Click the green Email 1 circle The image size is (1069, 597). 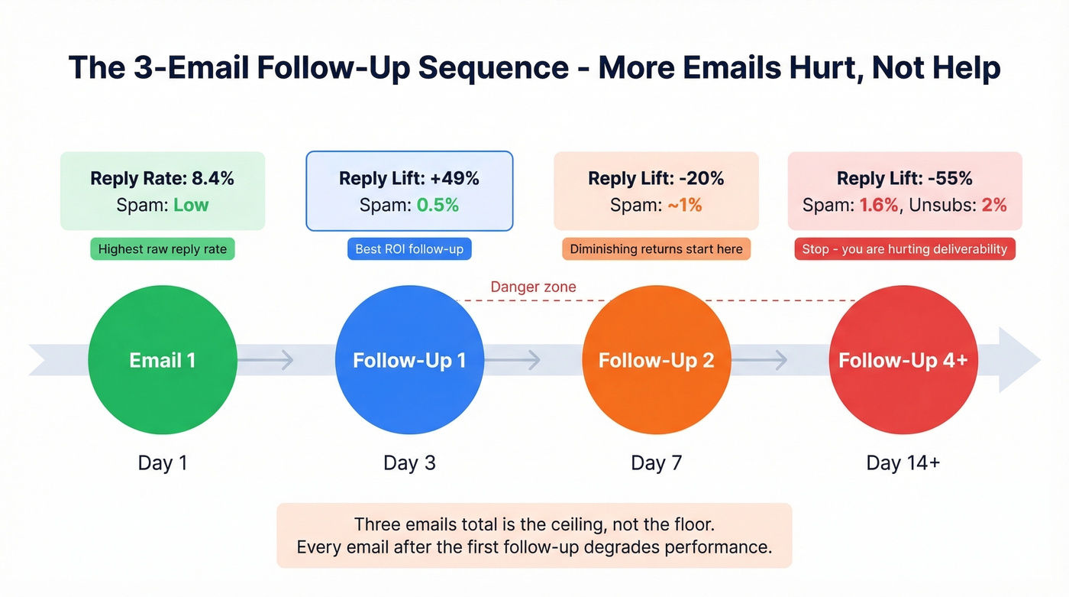click(163, 360)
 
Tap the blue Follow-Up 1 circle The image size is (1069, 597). click(409, 360)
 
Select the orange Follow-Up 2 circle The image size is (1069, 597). click(656, 360)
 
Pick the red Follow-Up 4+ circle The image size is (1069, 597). click(903, 360)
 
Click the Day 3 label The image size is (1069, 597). click(409, 463)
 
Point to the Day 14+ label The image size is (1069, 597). click(903, 463)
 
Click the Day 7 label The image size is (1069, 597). click(656, 463)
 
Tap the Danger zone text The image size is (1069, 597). click(533, 287)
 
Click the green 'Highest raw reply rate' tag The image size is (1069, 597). click(163, 249)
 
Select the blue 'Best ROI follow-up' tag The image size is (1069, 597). click(409, 249)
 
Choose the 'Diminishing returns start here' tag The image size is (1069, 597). click(656, 249)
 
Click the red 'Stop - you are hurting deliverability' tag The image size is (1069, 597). click(904, 249)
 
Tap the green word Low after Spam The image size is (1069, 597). click(191, 205)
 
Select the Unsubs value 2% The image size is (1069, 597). click(993, 205)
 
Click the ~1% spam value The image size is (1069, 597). click(684, 205)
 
